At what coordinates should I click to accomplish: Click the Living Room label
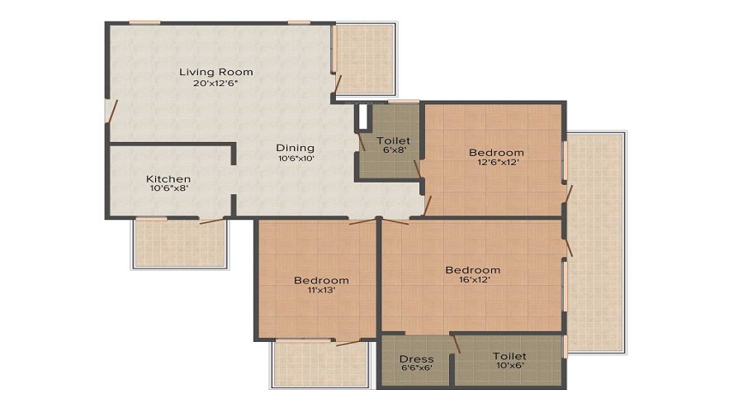tap(216, 72)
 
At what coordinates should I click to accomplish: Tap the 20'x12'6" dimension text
tap(215, 83)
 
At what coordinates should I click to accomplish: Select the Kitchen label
tap(168, 179)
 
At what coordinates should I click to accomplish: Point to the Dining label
tap(296, 148)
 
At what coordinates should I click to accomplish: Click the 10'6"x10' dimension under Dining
tap(296, 159)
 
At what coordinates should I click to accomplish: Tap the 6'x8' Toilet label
tap(393, 140)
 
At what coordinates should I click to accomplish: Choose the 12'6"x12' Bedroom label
tap(497, 153)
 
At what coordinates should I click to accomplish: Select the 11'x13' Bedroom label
tap(321, 280)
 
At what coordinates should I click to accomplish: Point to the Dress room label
tap(417, 359)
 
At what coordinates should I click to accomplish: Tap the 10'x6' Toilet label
tap(509, 356)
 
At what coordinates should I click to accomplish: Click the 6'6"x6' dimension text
tap(417, 368)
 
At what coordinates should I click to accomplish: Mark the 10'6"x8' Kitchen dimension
tap(168, 188)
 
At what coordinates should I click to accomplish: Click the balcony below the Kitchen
tap(180, 244)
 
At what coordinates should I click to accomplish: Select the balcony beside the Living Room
tap(365, 59)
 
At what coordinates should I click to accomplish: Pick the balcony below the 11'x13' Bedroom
tap(319, 363)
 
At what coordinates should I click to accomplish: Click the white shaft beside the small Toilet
tap(363, 116)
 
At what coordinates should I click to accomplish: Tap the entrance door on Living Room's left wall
tap(111, 112)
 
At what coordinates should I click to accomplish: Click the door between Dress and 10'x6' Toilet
tap(457, 344)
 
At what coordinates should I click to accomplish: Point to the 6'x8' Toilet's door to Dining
tap(362, 142)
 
